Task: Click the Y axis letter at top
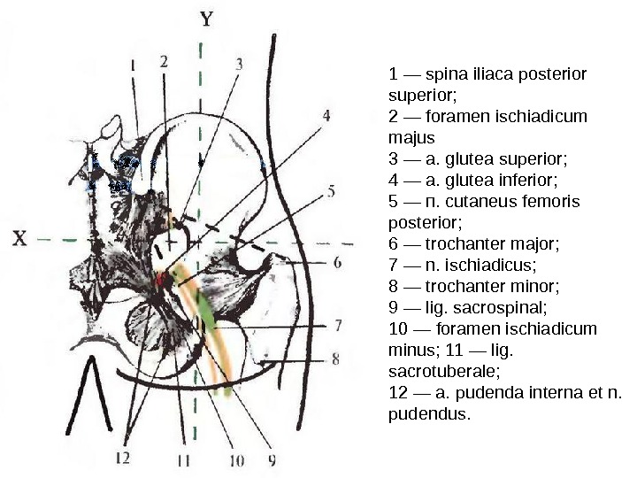coord(205,18)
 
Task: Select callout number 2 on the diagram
coord(165,61)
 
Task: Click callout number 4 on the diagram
coord(326,115)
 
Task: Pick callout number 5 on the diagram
coord(331,190)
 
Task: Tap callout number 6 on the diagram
coord(338,262)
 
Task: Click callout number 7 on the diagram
coord(338,325)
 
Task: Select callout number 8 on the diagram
coord(336,358)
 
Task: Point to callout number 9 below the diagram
coord(272,459)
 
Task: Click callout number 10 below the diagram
coord(236,459)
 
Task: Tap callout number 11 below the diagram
coord(183,459)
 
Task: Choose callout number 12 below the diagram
coord(122,459)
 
